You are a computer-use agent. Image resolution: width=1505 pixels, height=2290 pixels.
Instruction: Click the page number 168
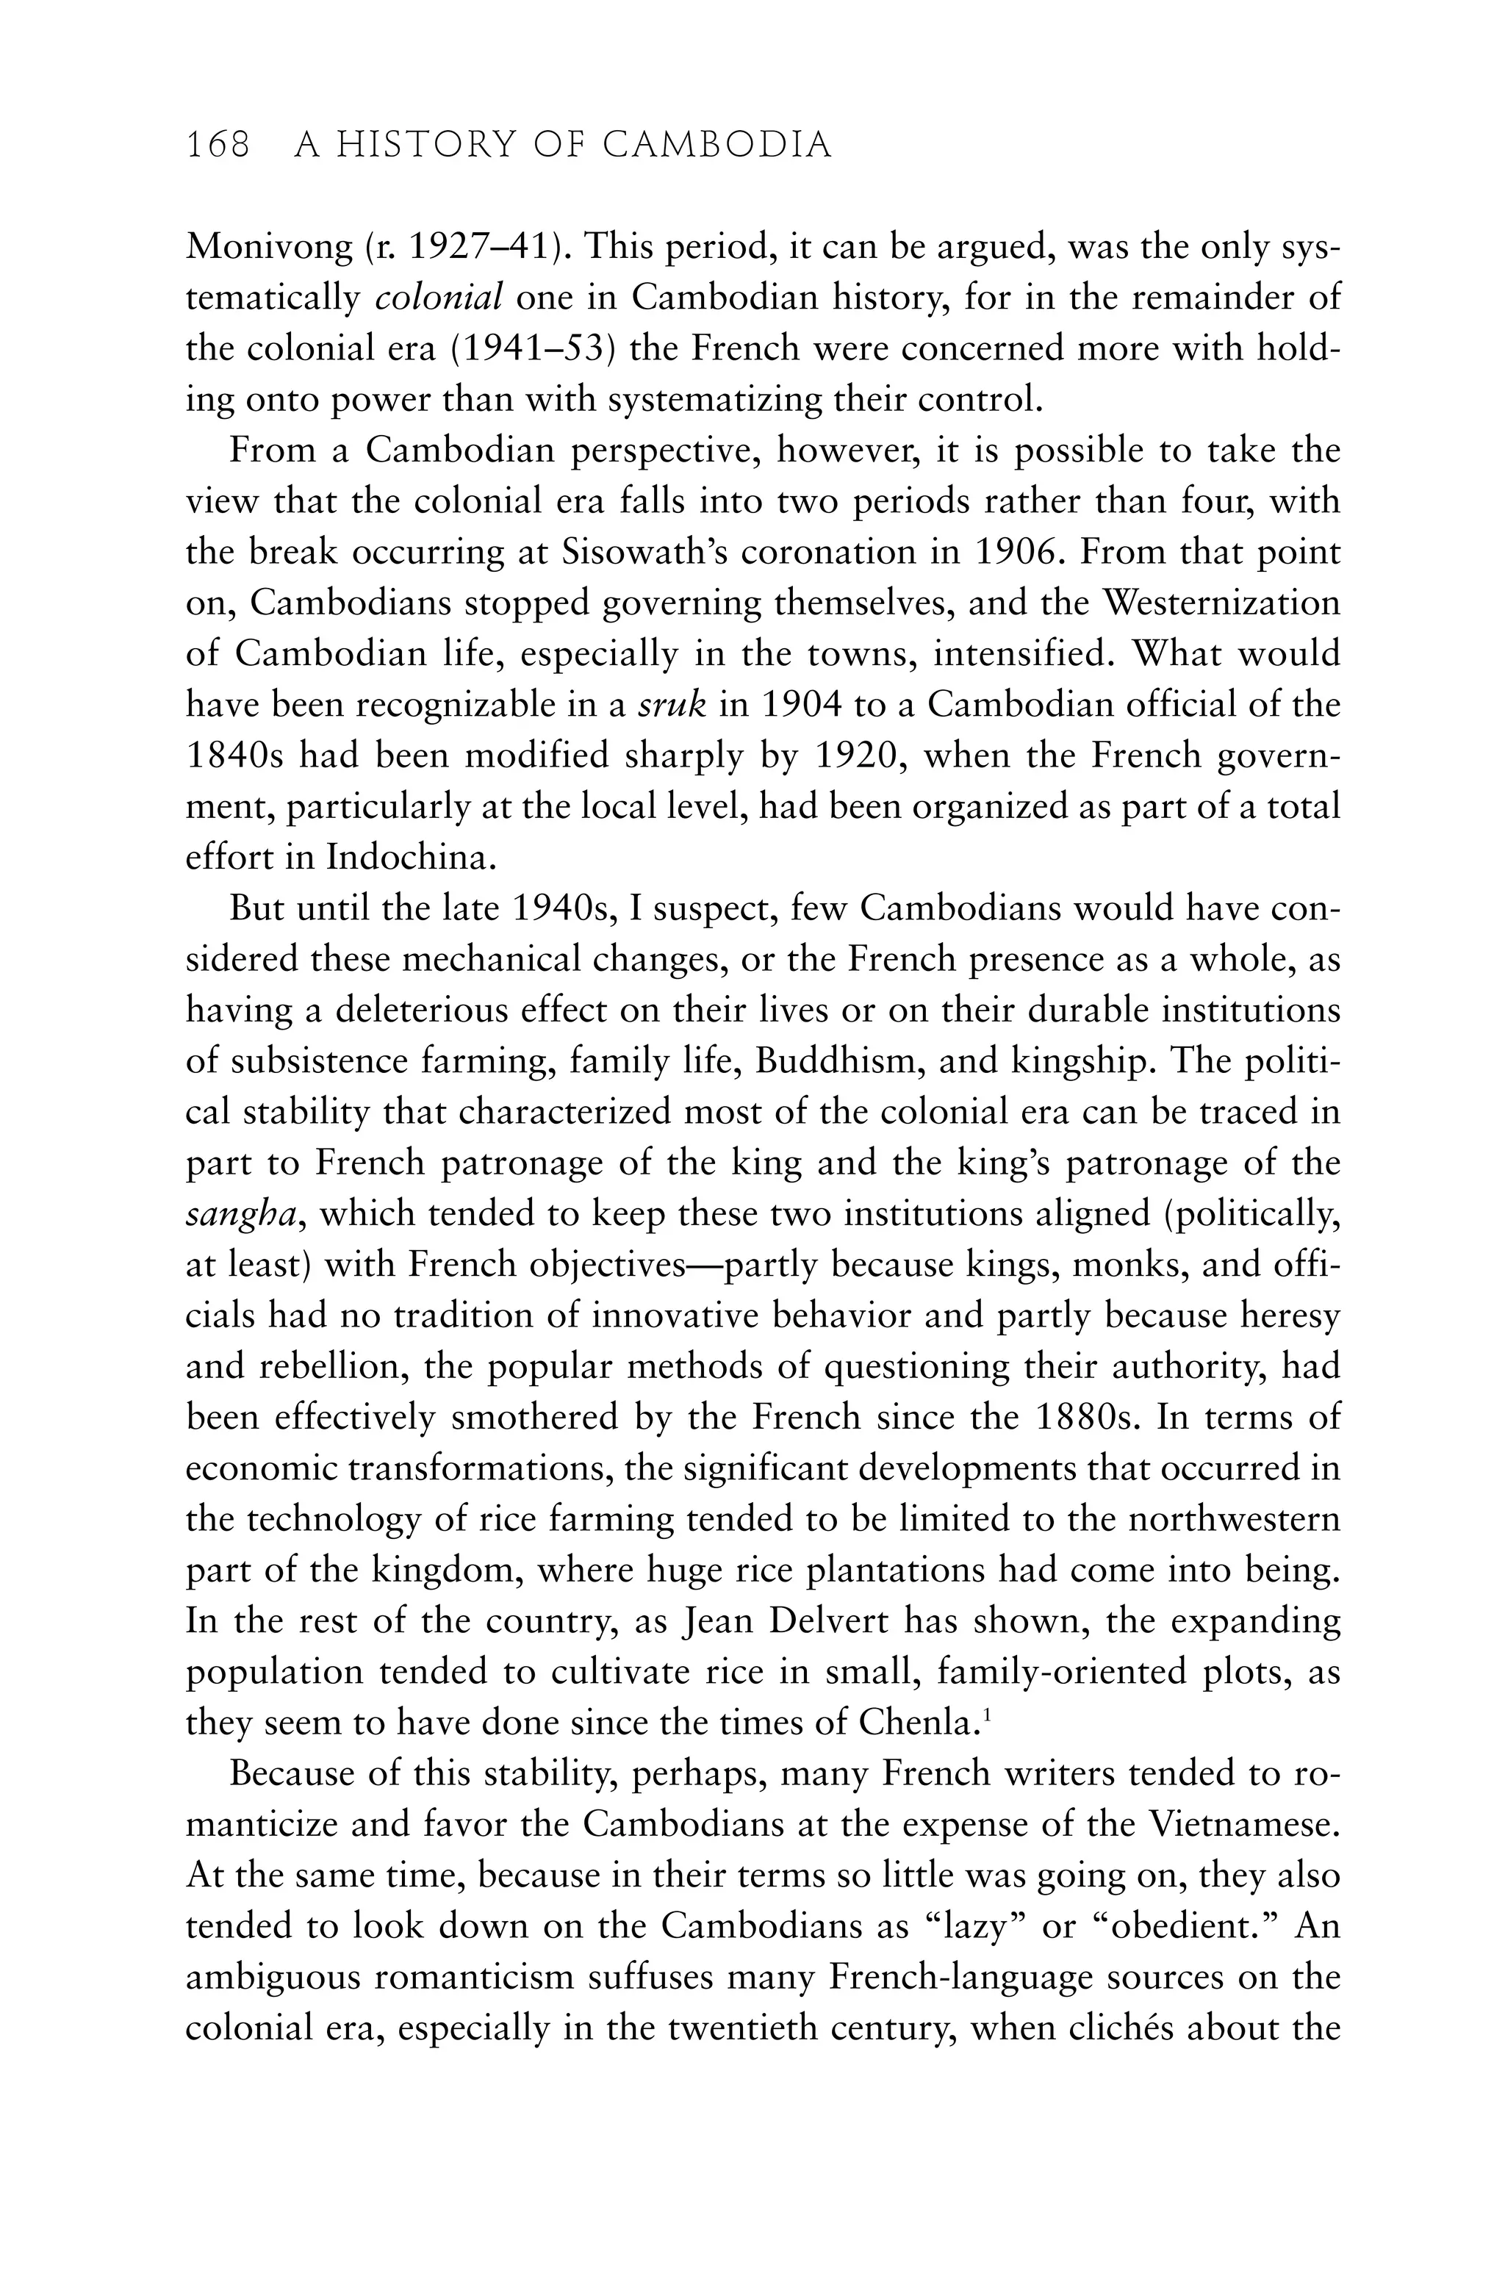218,146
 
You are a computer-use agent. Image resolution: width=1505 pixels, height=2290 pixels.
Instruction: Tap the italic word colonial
439,298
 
